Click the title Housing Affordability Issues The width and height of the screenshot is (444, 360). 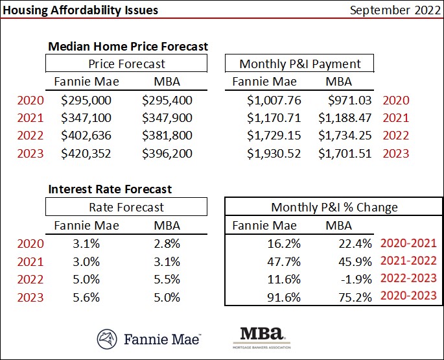tap(80, 10)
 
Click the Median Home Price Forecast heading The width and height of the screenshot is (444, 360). tap(128, 46)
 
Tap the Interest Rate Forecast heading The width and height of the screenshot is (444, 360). tap(110, 189)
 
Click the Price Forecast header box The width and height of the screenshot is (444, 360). tap(126, 64)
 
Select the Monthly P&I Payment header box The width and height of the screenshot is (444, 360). tap(299, 64)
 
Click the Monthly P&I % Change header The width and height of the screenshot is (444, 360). tap(334, 208)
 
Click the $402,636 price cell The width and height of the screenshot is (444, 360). tap(86, 136)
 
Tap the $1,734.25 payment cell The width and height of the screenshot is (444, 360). tap(345, 136)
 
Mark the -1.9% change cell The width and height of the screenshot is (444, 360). tap(355, 280)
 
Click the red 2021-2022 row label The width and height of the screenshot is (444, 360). tap(408, 261)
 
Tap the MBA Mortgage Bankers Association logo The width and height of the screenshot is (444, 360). tap(261, 338)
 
